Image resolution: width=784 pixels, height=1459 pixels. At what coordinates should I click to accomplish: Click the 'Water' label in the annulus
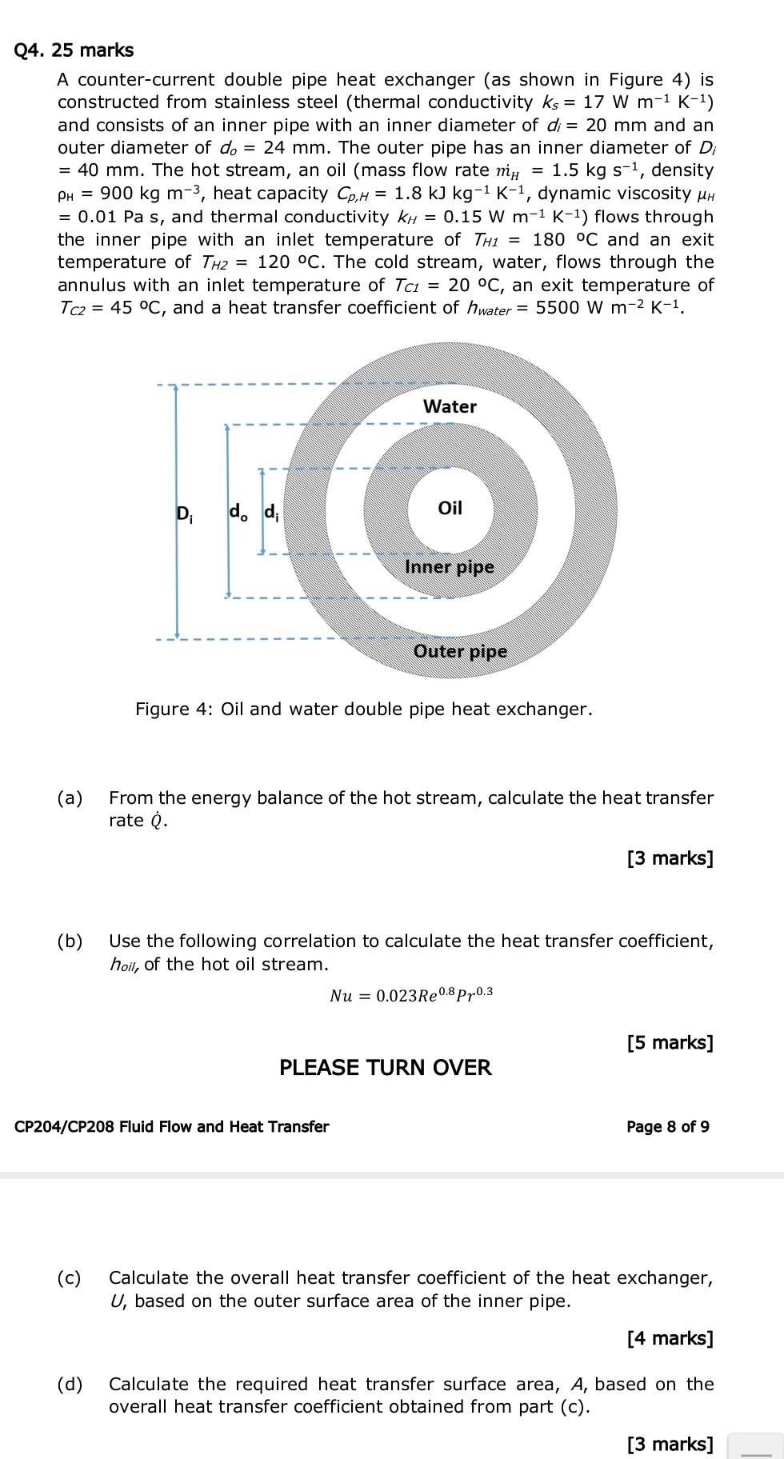(450, 406)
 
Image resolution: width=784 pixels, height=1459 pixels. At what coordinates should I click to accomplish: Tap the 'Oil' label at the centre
(450, 508)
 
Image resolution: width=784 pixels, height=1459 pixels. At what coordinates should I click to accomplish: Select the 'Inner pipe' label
(450, 567)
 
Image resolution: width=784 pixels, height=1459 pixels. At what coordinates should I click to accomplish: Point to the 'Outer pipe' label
(460, 651)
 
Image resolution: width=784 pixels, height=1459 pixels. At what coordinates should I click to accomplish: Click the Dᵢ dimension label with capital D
(183, 513)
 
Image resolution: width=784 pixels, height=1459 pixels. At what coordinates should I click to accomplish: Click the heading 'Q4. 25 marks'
(74, 50)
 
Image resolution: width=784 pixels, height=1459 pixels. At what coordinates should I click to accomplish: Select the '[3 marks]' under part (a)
(670, 858)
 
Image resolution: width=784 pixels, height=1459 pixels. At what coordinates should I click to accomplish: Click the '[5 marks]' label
(670, 1042)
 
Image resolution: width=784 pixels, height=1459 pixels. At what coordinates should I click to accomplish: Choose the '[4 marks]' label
(670, 1337)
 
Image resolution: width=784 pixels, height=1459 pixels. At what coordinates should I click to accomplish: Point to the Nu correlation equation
(411, 995)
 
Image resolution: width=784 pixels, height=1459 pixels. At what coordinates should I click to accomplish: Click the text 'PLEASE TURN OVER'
(385, 1068)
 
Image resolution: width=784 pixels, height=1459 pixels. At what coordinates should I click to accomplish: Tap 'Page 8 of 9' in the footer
(667, 1126)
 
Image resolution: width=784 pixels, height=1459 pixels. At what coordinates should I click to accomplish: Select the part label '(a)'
(70, 797)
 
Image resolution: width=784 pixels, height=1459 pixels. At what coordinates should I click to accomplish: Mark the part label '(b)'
(70, 941)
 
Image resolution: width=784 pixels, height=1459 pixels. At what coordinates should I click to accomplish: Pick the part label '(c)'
(70, 1277)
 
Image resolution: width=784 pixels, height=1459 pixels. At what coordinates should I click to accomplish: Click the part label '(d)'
(70, 1384)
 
